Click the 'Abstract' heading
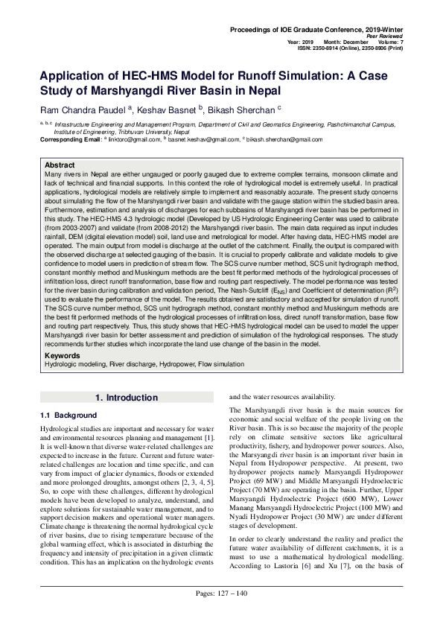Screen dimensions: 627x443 coord(60,165)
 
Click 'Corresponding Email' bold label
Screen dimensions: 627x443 coord(69,139)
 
